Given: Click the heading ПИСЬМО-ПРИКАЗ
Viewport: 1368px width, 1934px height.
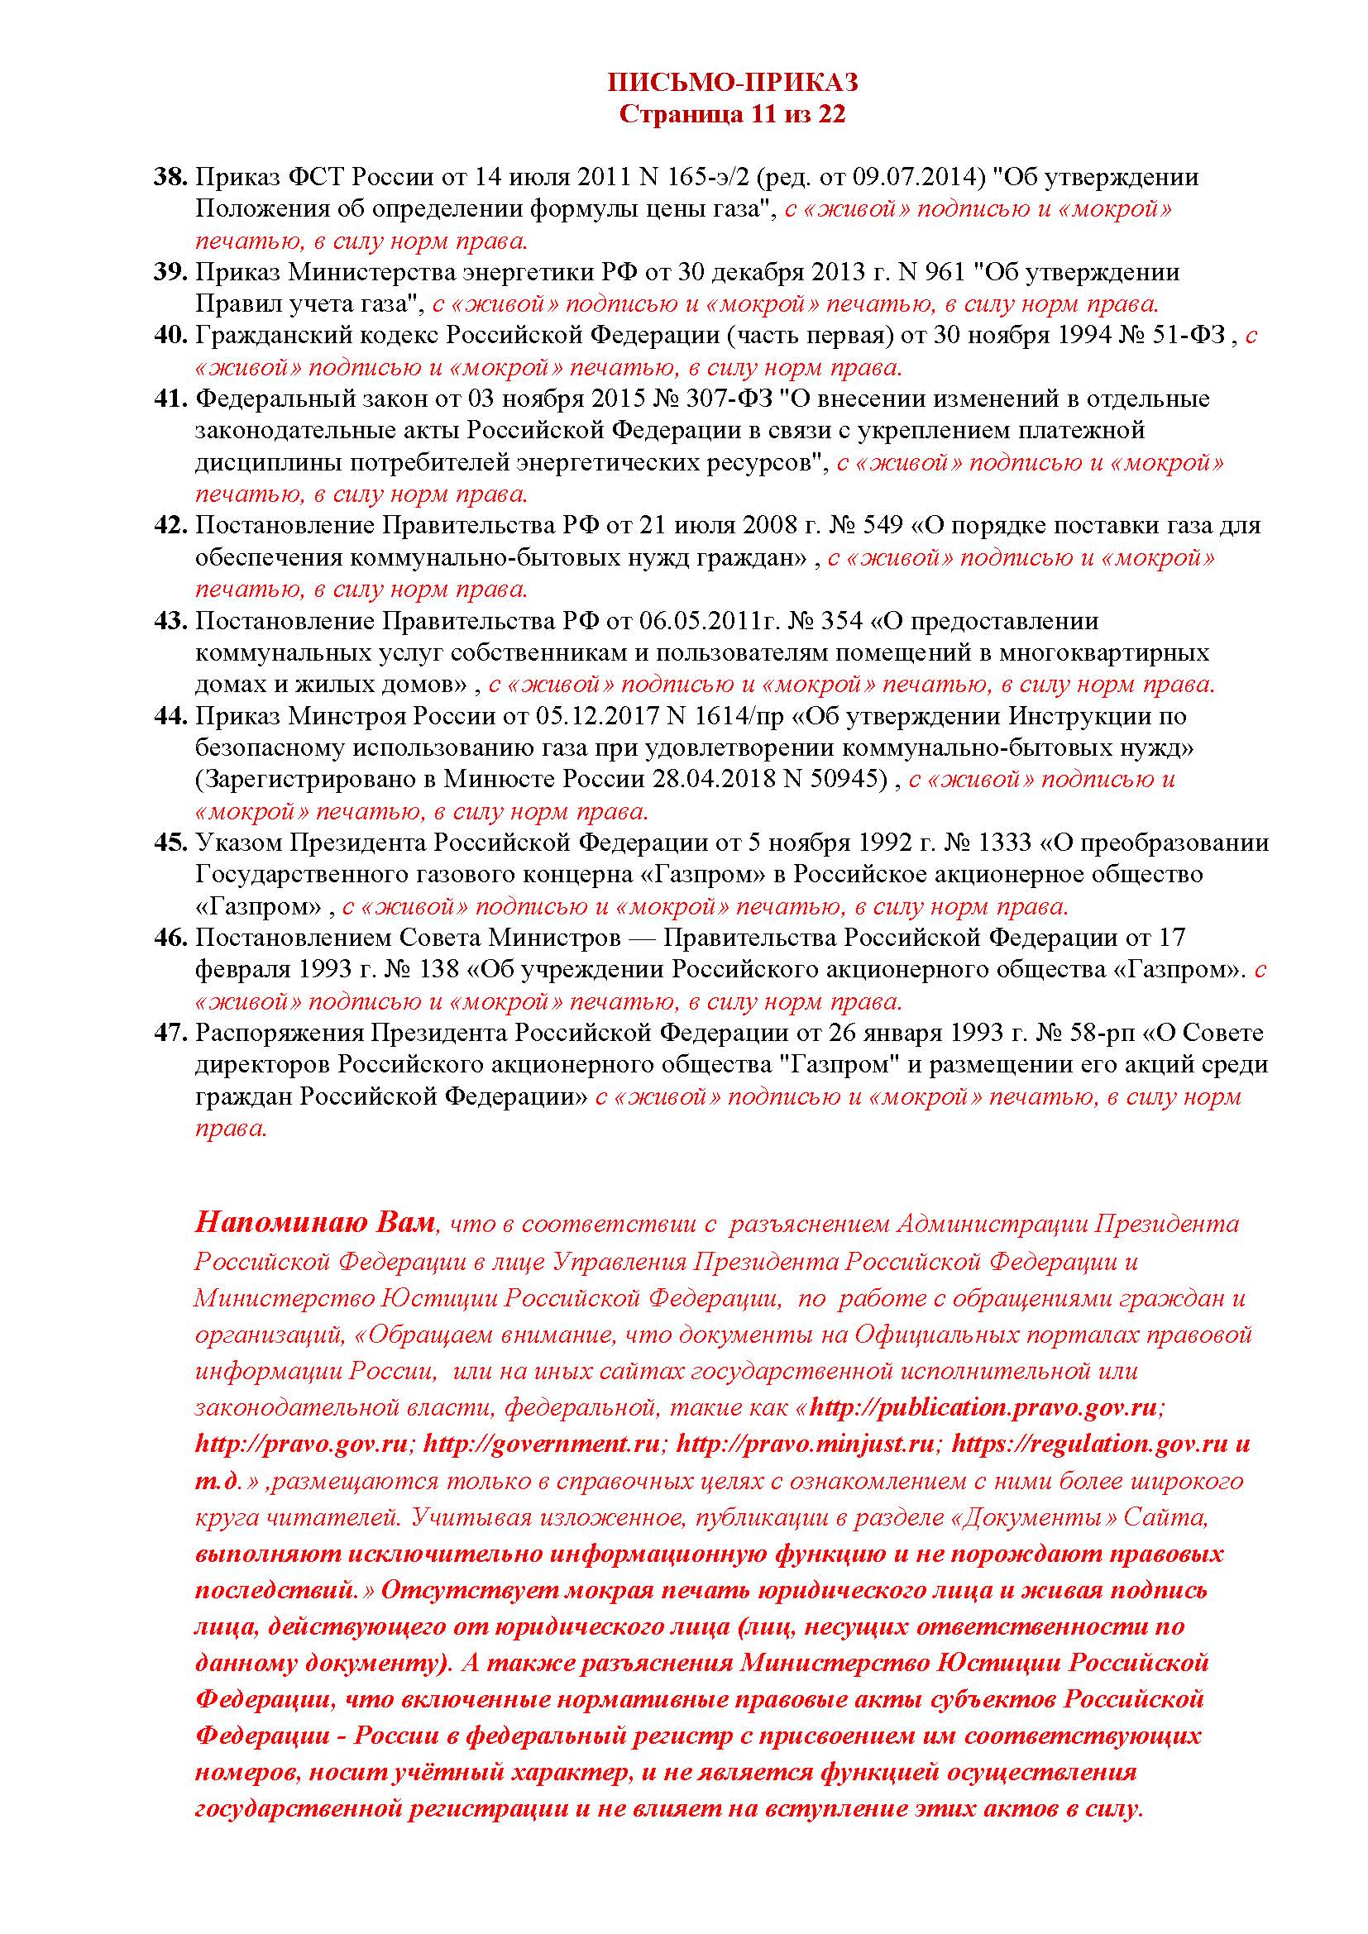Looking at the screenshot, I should coord(732,82).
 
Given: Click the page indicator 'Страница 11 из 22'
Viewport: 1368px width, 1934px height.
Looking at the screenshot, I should coord(732,114).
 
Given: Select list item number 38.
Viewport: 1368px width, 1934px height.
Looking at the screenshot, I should coord(170,178).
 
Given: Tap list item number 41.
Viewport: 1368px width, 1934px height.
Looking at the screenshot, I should coord(170,399).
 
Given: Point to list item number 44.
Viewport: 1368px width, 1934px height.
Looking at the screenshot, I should coord(170,716).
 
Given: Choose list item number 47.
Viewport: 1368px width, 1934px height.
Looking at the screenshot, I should coord(170,1033).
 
